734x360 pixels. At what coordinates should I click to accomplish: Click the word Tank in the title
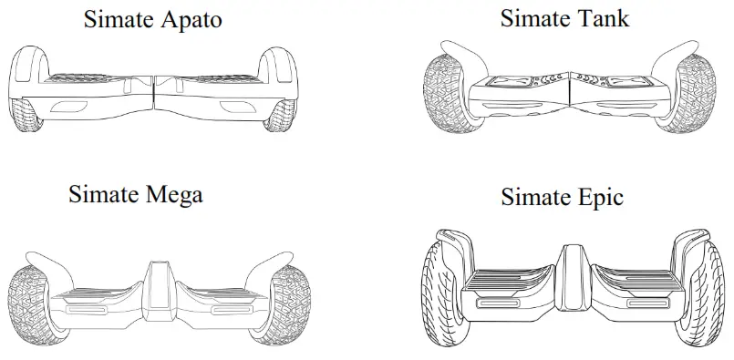pos(604,18)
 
